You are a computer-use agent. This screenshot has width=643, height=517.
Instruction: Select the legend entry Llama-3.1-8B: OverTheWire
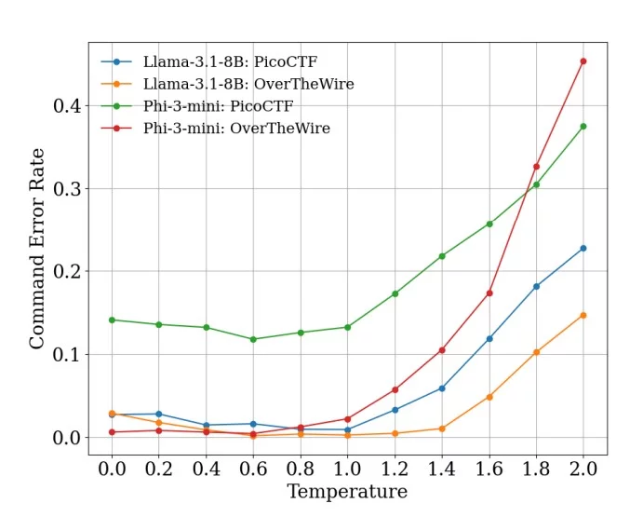[248, 84]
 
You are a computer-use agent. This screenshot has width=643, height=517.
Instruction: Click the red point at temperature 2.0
[583, 61]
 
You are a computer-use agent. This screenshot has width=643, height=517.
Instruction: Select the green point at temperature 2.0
[583, 126]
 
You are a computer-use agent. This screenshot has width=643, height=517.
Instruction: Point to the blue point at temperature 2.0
[583, 248]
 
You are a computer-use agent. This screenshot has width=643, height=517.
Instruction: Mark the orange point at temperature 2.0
[583, 315]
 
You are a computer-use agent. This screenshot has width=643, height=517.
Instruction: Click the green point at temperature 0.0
[112, 320]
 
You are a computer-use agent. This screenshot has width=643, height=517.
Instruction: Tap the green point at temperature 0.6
[253, 339]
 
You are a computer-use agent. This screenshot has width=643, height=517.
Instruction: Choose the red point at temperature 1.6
[489, 293]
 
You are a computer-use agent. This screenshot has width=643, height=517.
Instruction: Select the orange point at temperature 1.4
[442, 429]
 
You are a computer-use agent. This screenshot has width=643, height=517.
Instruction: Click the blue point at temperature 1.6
[489, 338]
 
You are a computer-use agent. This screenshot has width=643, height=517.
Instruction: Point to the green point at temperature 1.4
[442, 256]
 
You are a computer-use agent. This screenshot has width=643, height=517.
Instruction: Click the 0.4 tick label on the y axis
[66, 106]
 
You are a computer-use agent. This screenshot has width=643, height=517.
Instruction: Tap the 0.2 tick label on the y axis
[66, 272]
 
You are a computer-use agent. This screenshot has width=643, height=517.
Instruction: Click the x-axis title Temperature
[347, 492]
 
